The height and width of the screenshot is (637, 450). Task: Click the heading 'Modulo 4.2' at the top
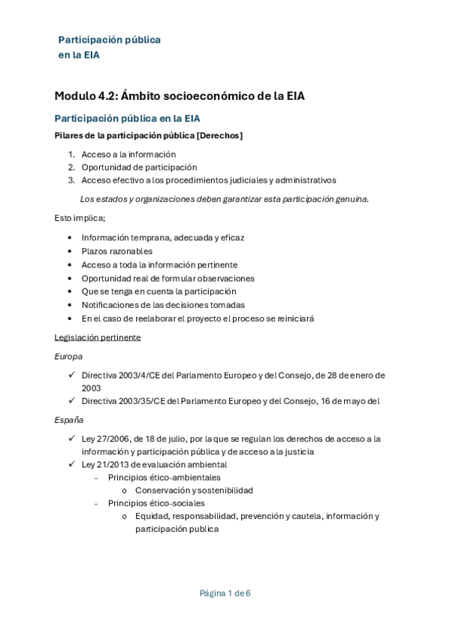84,95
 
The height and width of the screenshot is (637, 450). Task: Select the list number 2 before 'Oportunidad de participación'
71,167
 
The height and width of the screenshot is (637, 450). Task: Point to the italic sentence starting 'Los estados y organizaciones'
224,198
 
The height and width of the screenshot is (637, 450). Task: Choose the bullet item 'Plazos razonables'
116,251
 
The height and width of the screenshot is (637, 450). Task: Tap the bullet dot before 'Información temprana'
70,237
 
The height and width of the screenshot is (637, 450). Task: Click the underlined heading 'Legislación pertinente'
97,337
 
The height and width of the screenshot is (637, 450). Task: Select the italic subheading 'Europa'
68,356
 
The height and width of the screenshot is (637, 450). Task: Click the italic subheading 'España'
68,419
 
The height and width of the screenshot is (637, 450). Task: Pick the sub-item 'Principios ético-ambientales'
164,477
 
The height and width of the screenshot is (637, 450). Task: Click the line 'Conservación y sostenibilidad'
194,490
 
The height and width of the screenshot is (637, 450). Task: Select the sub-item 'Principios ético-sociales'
156,503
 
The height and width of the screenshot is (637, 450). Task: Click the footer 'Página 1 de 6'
225,593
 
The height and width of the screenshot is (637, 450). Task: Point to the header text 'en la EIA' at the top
79,54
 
